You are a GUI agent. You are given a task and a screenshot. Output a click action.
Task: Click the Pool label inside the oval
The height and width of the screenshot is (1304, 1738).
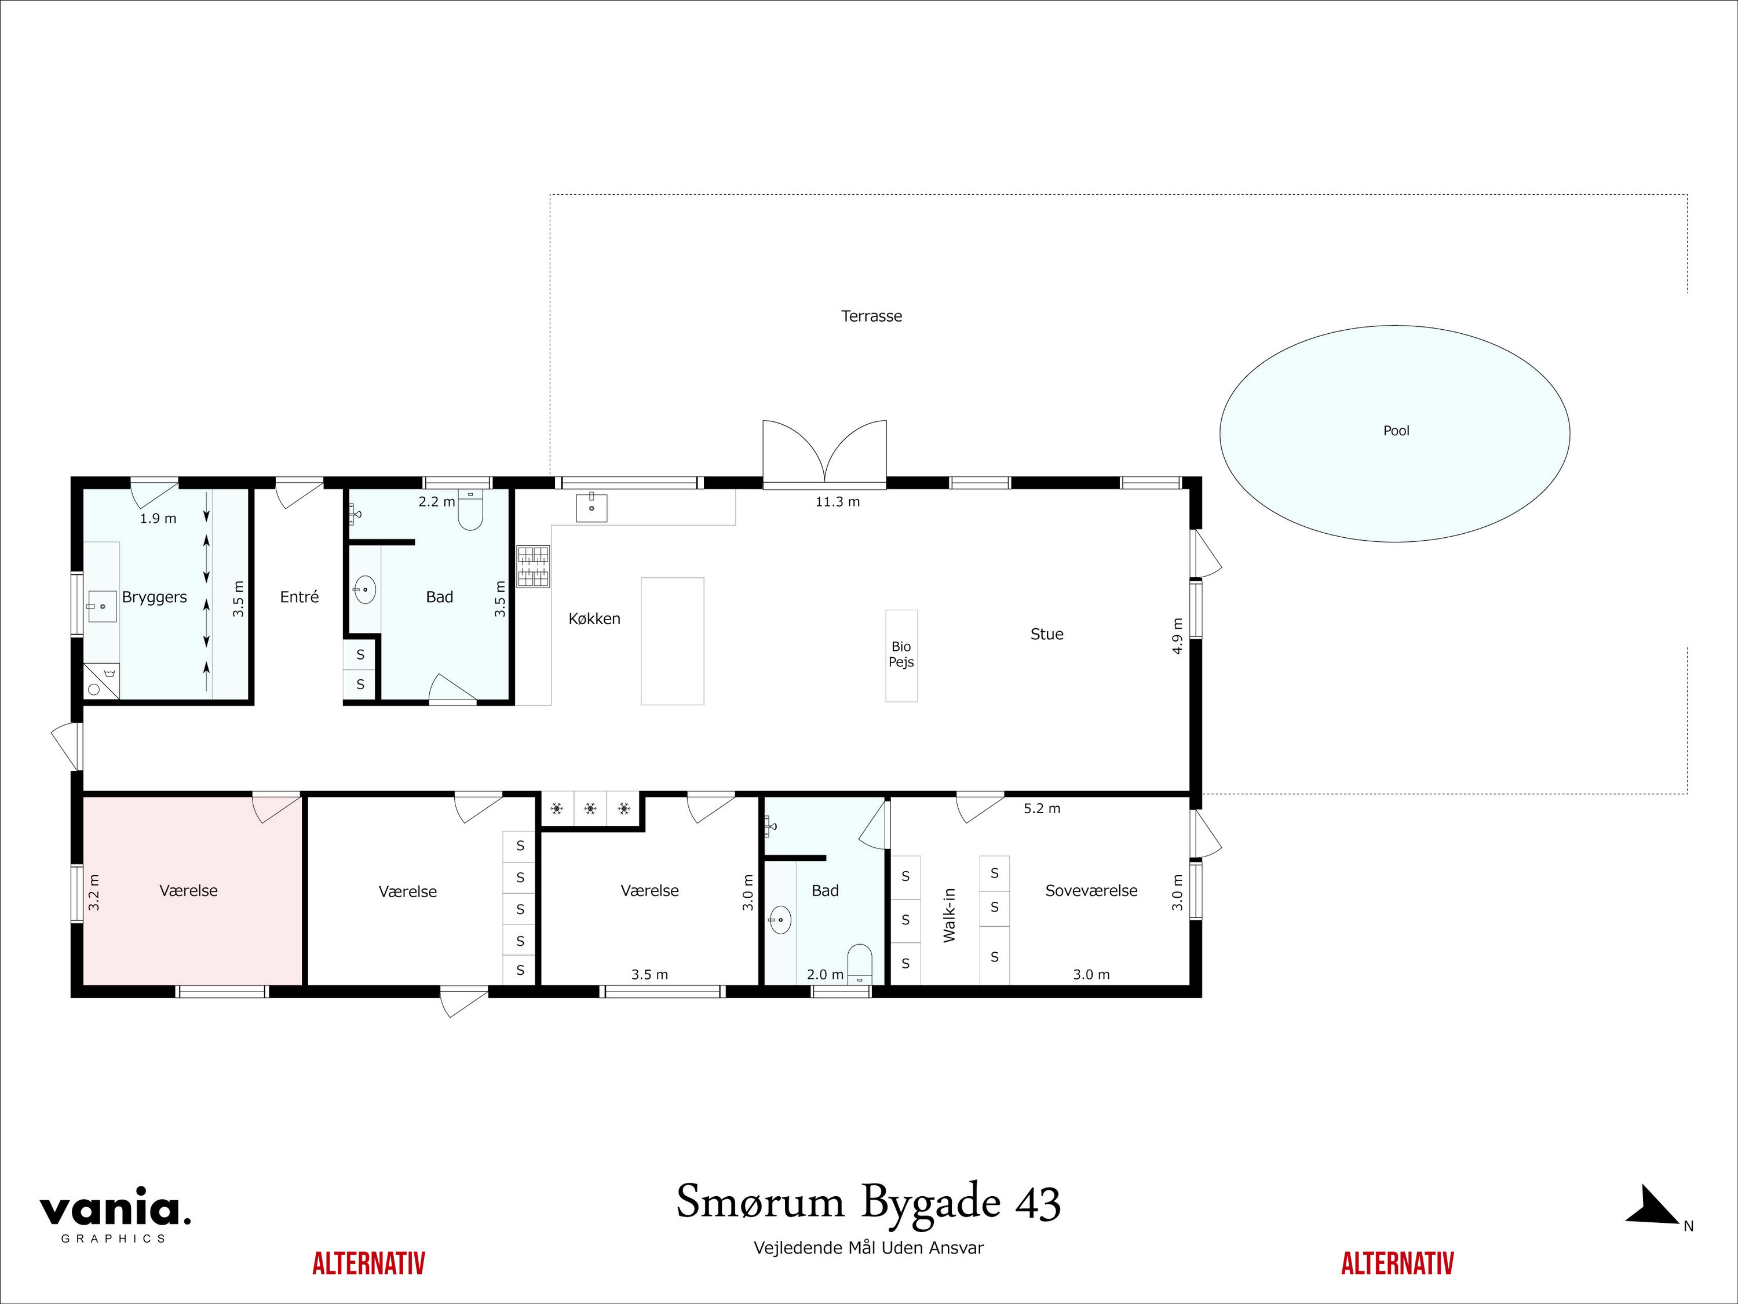tap(1396, 431)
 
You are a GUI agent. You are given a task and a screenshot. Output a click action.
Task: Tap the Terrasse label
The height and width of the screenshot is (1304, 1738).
tap(871, 316)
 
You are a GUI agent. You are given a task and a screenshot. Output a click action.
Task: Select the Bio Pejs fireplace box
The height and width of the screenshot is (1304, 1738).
tap(901, 655)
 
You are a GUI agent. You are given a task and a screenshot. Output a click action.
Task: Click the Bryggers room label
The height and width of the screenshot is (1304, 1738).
tap(154, 598)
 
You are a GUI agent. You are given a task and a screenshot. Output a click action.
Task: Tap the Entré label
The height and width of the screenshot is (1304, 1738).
tap(300, 598)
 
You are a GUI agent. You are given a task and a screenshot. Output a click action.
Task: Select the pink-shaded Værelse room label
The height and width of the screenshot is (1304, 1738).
tap(188, 891)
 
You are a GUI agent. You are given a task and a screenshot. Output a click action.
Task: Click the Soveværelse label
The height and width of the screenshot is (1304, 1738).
tap(1091, 891)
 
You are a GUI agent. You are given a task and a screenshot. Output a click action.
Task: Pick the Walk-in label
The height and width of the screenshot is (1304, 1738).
tap(949, 915)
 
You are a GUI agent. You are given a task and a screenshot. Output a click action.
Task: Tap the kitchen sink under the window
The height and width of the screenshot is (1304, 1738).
tap(591, 508)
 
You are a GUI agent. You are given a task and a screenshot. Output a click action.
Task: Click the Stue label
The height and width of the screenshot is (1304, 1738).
tap(1047, 634)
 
